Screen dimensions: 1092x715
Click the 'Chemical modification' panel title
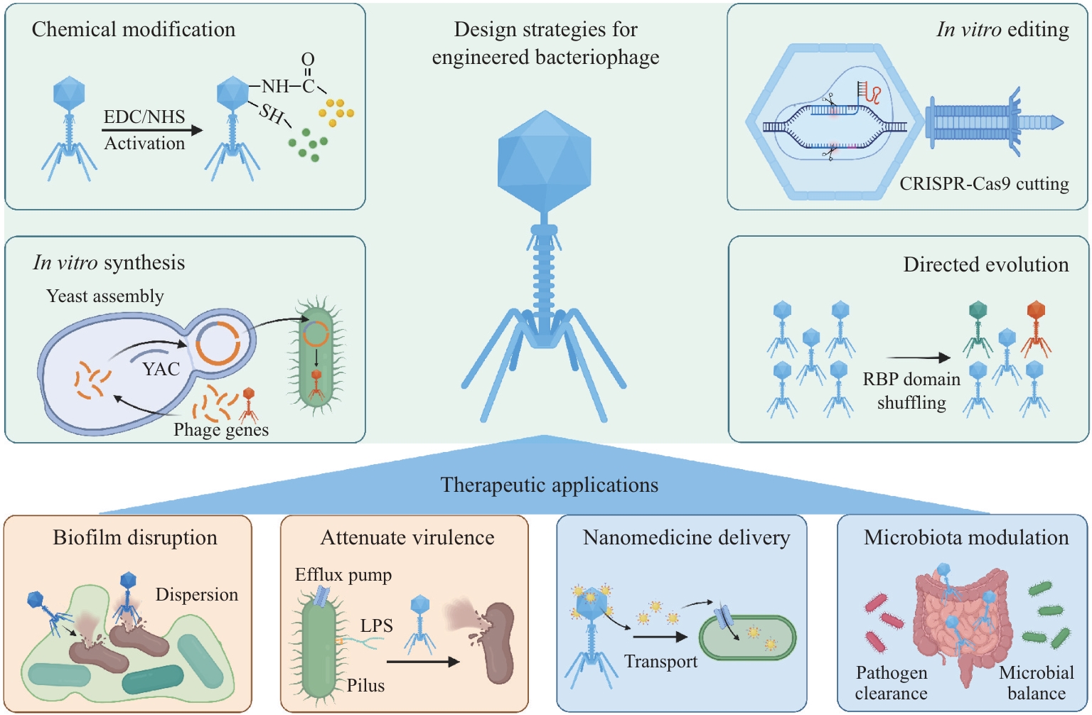[x=134, y=30]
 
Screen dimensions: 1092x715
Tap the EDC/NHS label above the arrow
[x=144, y=117]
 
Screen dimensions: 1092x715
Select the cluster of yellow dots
[x=336, y=112]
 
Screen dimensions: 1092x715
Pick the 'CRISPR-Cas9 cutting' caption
[x=984, y=184]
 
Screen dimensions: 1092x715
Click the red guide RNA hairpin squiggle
[x=875, y=95]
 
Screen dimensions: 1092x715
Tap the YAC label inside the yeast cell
[x=161, y=369]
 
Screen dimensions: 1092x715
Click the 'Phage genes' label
[x=221, y=429]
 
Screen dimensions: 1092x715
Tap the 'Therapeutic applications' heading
[x=550, y=485]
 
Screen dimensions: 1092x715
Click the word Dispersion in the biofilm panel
[x=196, y=595]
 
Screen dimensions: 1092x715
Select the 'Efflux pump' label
[x=343, y=576]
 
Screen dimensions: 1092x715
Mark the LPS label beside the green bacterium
[x=376, y=625]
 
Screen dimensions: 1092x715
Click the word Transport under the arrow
[x=660, y=662]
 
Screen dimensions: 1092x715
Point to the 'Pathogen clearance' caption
[x=891, y=683]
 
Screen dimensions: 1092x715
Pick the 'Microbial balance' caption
[x=1037, y=683]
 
